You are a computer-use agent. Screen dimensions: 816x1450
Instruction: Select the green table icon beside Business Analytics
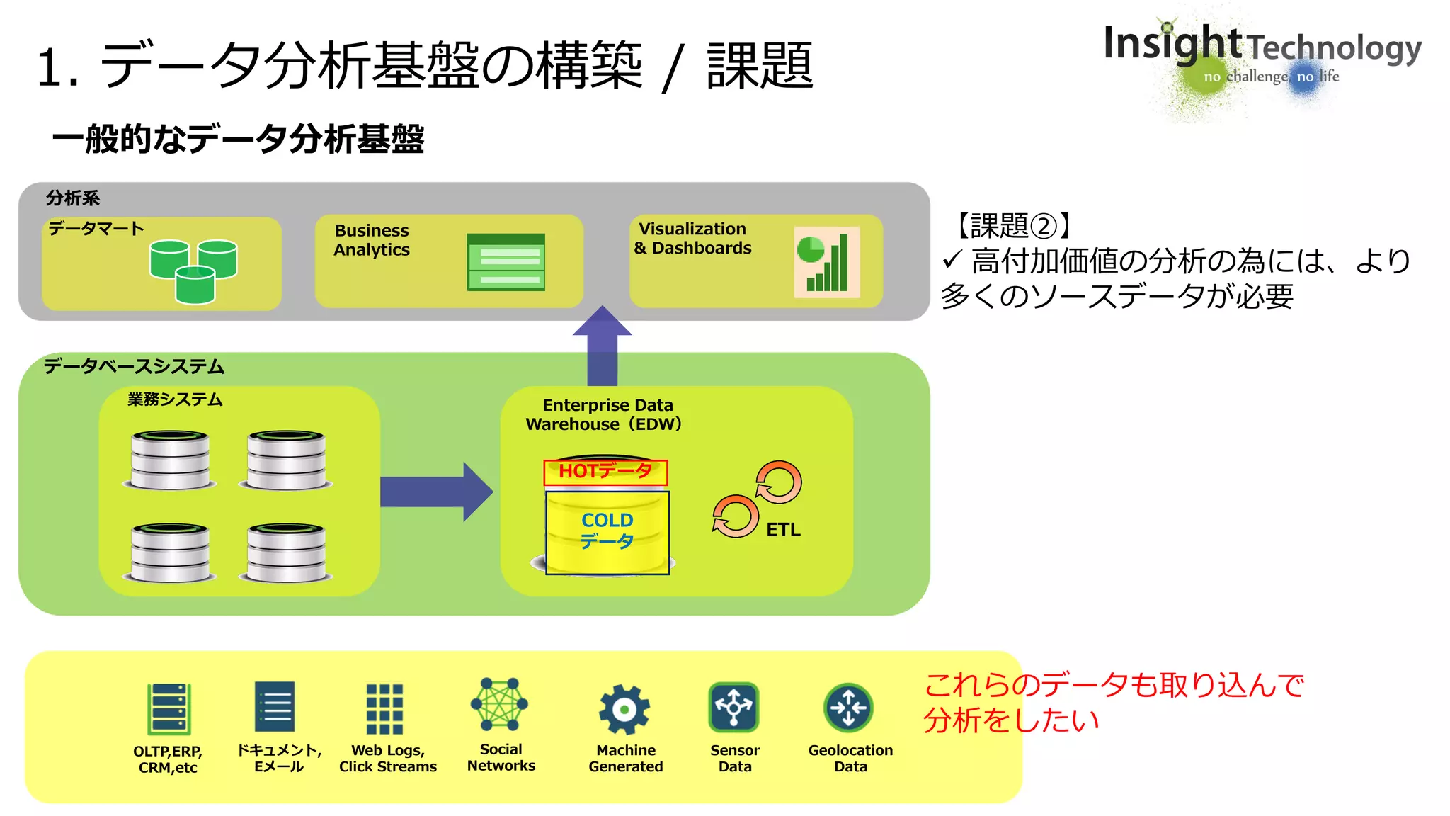pos(506,262)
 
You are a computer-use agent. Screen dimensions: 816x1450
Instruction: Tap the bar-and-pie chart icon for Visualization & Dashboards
pos(826,262)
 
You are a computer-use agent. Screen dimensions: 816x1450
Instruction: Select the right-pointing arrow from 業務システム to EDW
pos(435,492)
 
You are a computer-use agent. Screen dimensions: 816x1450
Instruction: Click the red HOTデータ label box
pos(605,472)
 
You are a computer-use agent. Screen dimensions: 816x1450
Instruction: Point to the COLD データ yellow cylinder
pos(607,532)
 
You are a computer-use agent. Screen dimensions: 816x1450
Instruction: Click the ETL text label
pos(783,530)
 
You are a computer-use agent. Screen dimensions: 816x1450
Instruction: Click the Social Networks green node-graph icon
pos(499,704)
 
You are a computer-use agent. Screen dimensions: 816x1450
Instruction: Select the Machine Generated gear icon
pos(624,708)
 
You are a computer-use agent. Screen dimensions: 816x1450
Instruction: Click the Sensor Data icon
pos(733,707)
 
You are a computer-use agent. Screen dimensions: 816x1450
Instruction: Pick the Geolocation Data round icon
pos(848,707)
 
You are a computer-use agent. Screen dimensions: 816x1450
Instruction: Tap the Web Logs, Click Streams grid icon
pos(384,708)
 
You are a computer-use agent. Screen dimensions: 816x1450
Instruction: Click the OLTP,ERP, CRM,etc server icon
pos(169,708)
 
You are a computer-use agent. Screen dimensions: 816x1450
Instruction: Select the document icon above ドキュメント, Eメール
pos(275,707)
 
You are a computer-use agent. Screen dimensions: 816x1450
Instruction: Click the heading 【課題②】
pos(1014,226)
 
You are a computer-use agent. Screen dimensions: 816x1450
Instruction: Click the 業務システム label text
pos(175,399)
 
